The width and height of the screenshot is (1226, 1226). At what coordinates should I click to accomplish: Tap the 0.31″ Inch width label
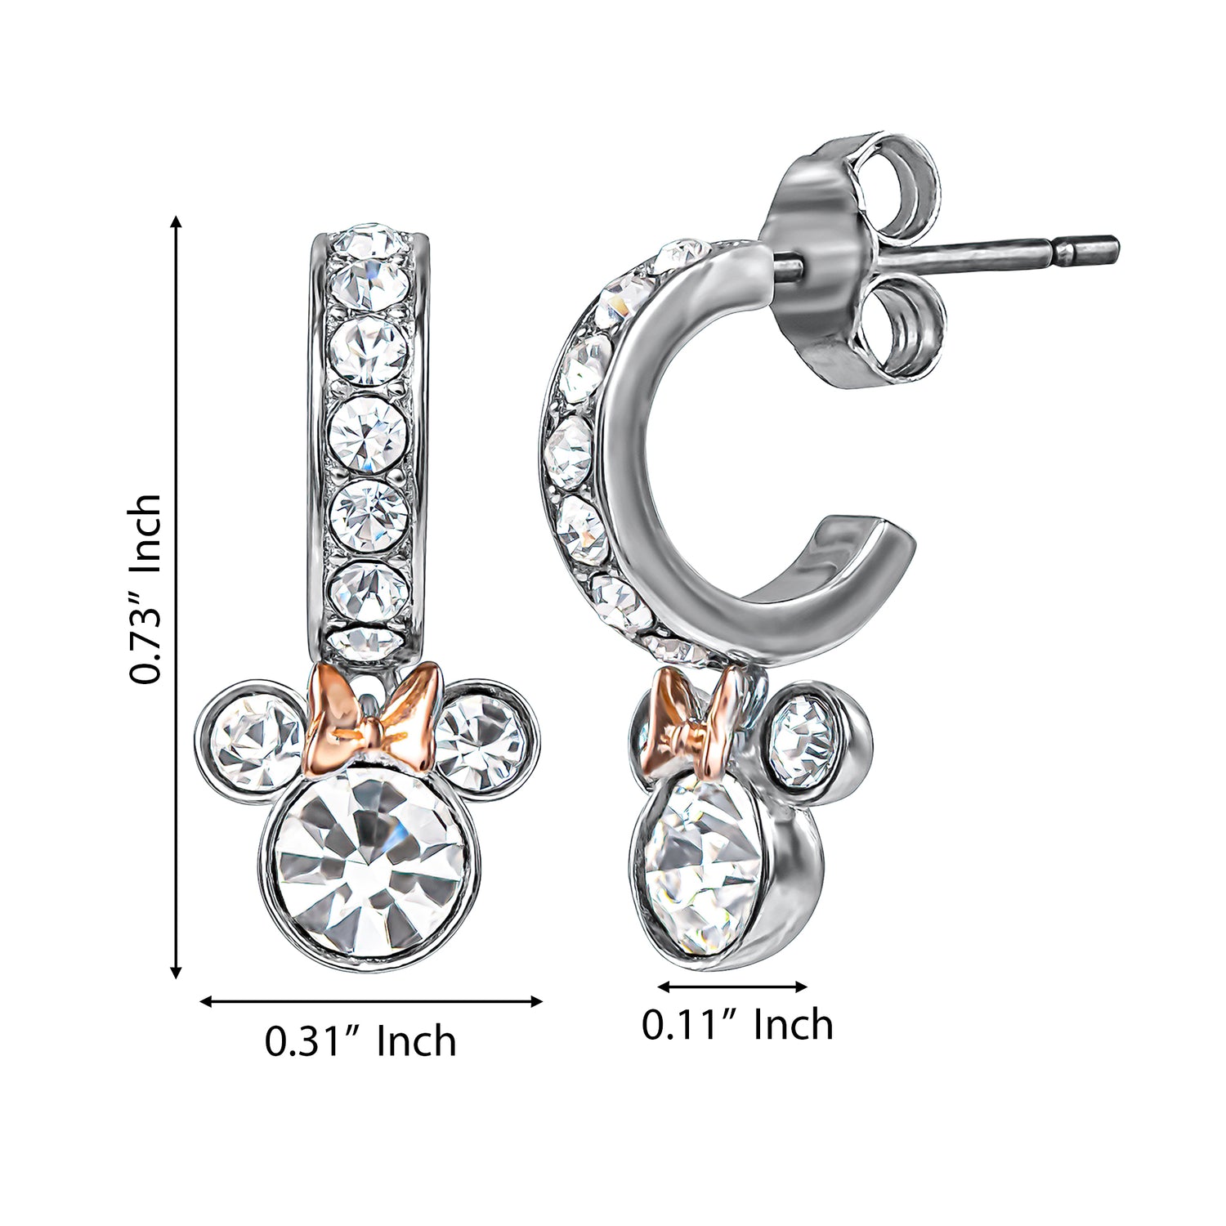[x=360, y=1040]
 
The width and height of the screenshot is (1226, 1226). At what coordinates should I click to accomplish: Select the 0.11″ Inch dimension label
[x=737, y=1024]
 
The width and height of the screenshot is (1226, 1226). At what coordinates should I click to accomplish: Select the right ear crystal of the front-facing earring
[x=482, y=740]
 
